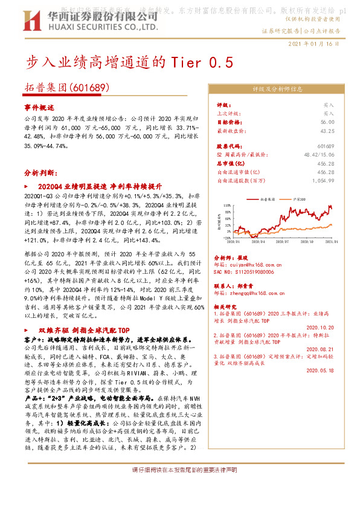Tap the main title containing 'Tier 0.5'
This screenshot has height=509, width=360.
coord(128,62)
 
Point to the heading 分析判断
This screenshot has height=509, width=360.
coord(40,172)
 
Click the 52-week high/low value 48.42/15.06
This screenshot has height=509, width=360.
coord(319,155)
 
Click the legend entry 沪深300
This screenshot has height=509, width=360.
coord(295,198)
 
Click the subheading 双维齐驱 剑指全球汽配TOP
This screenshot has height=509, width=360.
coord(84,331)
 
